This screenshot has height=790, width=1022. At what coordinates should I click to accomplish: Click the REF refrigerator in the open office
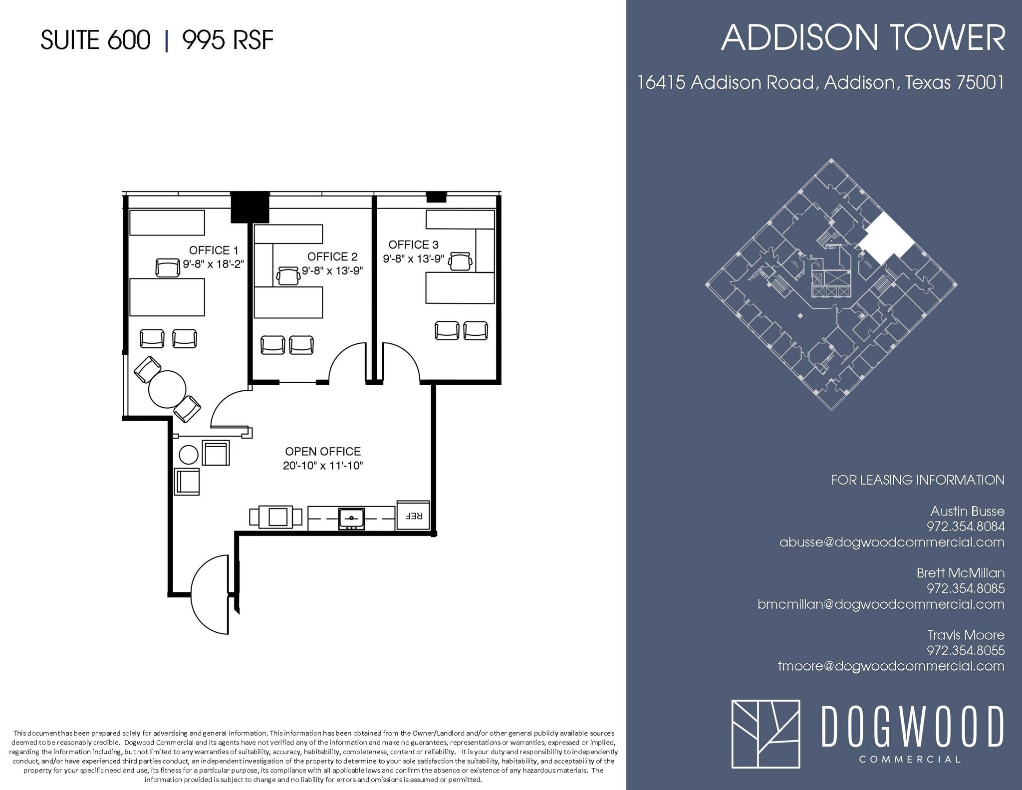[x=413, y=516]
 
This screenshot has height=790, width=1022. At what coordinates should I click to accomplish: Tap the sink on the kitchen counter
[x=351, y=519]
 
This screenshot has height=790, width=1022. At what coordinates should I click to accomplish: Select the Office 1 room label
[x=214, y=250]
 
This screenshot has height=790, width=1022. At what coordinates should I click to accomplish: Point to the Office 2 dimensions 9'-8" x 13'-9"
[x=332, y=270]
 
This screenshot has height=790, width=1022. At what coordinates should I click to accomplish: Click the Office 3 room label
[x=413, y=245]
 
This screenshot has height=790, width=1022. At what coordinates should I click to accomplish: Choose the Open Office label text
[x=323, y=451]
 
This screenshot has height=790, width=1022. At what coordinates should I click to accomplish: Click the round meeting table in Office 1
[x=167, y=389]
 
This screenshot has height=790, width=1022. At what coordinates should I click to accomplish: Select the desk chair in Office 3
[x=461, y=261]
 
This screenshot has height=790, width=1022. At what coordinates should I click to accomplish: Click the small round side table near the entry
[x=189, y=455]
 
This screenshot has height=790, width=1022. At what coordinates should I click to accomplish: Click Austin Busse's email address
[x=892, y=542]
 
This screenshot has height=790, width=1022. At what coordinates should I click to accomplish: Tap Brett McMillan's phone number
[x=966, y=588]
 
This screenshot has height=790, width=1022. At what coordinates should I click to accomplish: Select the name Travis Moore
[x=966, y=635]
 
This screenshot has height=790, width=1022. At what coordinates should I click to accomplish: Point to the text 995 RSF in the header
[x=228, y=40]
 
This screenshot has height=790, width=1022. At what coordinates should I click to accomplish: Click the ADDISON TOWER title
[x=863, y=38]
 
